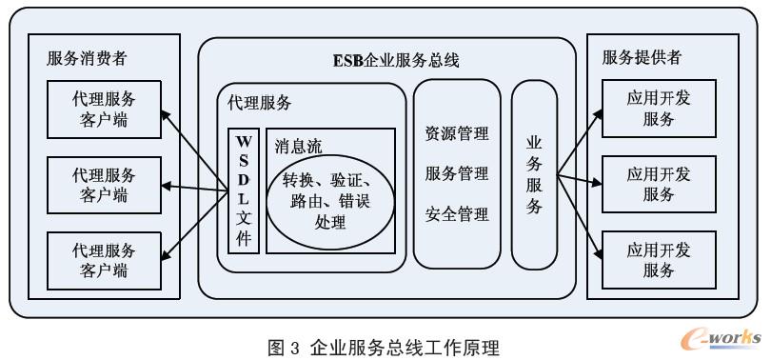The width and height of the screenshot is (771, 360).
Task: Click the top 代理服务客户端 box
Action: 104,110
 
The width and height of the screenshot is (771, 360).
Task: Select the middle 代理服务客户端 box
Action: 104,185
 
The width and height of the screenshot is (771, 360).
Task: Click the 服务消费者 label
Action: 88,59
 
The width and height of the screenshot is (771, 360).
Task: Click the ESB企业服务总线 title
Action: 388,61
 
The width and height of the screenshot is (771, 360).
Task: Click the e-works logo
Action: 721,337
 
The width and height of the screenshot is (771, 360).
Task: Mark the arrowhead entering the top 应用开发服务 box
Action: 600,112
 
